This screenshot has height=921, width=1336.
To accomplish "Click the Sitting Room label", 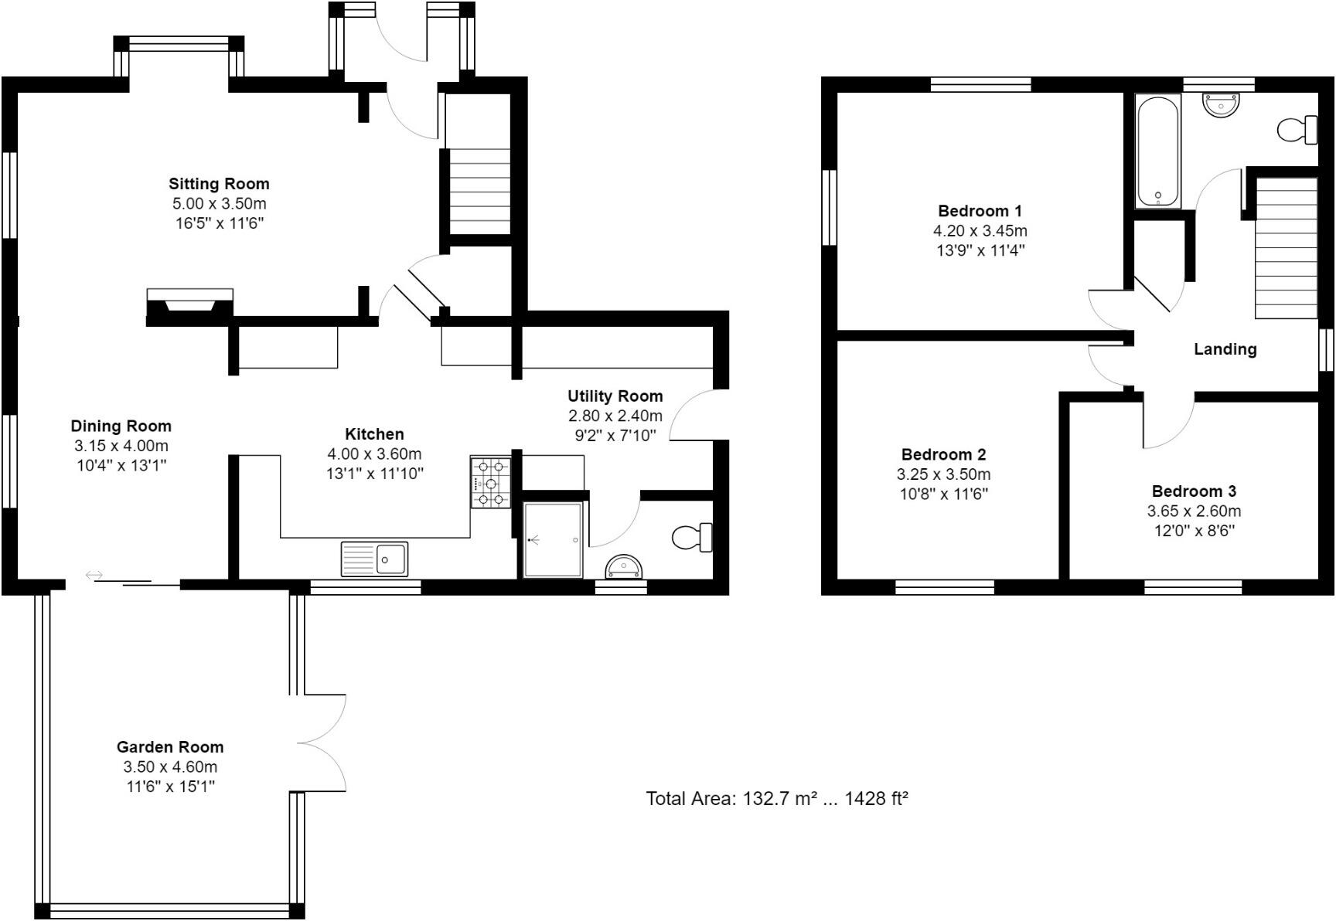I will coord(219,184).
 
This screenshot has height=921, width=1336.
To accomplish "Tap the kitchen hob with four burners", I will coord(490,483).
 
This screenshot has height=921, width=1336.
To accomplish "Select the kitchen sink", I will coord(375,559).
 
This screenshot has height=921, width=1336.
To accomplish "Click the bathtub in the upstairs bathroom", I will coord(1157,151).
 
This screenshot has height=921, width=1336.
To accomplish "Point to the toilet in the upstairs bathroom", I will coord(1298,130).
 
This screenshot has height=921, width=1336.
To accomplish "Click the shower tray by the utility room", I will coord(552,540).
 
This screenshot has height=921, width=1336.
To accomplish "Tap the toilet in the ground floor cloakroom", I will coord(691,537).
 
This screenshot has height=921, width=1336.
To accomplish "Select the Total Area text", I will coord(776,798).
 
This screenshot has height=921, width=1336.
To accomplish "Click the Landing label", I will coord(1225,349).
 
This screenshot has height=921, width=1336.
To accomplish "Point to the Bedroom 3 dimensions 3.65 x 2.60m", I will coord(1194,511).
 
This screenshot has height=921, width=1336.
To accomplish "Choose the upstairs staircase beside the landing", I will coord(1285,247).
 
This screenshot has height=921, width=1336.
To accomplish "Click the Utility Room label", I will coord(615,396).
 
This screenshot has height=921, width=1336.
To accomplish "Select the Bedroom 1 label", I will coord(980,211).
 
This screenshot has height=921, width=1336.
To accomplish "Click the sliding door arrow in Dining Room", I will coord(94,575).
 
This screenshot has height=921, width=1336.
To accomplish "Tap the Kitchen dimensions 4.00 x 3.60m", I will coord(374,454).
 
